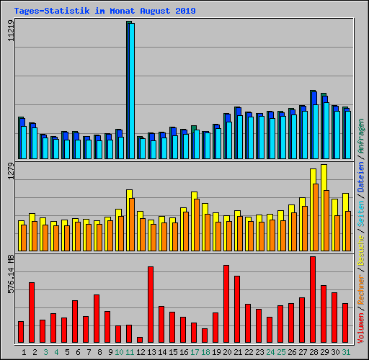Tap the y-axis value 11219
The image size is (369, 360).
pos(10,33)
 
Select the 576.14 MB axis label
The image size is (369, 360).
pos(10,274)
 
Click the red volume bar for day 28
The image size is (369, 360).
pos(313,300)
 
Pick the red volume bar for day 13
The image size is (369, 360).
pos(151,305)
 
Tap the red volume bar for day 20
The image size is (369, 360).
pos(226,304)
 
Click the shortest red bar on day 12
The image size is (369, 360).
pos(140,340)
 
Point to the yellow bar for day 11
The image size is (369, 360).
pos(129,202)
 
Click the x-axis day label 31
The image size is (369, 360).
pos(346,351)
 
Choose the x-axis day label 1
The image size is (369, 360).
pos(24,351)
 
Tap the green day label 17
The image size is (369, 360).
pos(195,351)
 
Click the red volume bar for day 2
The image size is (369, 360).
pos(32,312)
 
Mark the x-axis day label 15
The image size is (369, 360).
pos(173,351)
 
